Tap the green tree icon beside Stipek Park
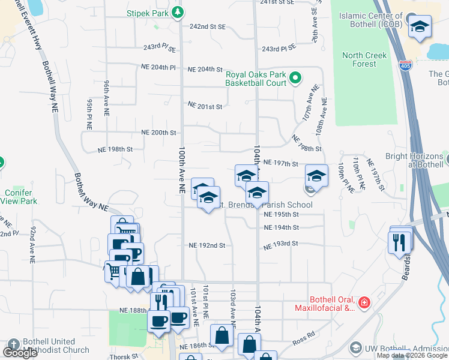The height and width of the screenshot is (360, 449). pos(178,12)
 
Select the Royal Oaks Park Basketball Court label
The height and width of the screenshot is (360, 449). pos(256,79)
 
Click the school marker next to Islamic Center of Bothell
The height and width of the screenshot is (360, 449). pos(420,26)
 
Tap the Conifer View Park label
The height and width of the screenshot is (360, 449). pos(21,197)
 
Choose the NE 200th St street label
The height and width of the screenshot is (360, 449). pos(158,133)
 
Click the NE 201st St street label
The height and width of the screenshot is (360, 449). pos(205,106)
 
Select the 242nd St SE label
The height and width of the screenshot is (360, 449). pos(207,27)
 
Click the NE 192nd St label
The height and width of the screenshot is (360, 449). pos(206,245)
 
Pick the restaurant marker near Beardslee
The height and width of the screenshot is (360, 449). pos(399,241)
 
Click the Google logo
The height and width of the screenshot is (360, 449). pos(20,353)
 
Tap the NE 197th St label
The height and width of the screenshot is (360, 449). pos(280,163)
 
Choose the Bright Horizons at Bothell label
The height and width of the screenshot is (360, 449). pos(414,160)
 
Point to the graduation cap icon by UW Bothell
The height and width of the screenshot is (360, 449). pos(355,348)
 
